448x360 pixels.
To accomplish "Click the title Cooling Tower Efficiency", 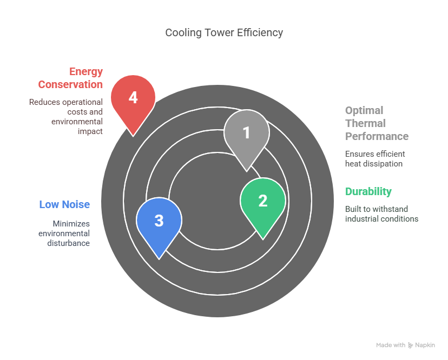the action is point(224,32).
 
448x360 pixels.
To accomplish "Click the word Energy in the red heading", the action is point(86,72).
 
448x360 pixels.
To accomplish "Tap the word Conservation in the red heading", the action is point(70,84).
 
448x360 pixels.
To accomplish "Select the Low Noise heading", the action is point(64,204).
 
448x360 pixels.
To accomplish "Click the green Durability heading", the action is point(368,191).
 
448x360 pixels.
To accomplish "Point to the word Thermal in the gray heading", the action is point(365,123).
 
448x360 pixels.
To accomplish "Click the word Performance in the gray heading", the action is point(377,136).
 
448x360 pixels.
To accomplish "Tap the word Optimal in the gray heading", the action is point(364,110).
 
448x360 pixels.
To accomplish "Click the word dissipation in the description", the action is point(383,164).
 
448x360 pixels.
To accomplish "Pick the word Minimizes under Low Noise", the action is point(71,224).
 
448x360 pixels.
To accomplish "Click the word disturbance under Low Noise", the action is point(69,243).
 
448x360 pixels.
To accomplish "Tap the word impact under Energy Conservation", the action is point(90,131).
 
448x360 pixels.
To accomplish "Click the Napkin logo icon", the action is point(411,345).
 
